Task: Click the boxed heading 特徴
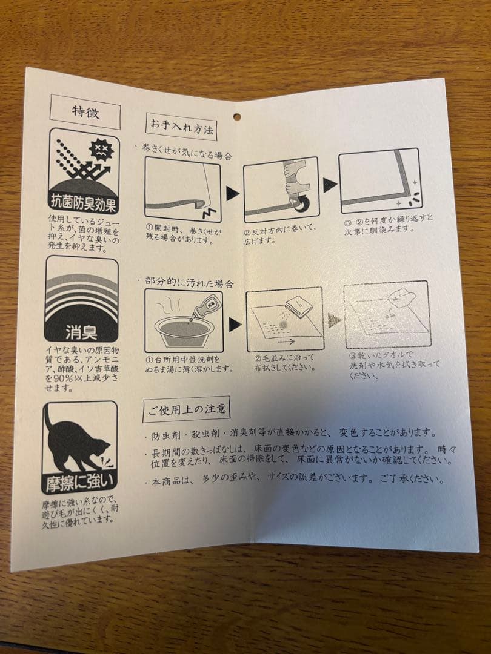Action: (85, 112)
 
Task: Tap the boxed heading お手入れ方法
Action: (181, 127)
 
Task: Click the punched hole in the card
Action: (237, 117)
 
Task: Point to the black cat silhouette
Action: (76, 443)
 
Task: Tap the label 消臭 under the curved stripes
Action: (81, 332)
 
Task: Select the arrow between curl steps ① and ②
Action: (233, 193)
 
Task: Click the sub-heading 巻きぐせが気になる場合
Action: (186, 152)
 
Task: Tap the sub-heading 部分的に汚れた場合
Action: (189, 283)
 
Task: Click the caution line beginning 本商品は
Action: (297, 479)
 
